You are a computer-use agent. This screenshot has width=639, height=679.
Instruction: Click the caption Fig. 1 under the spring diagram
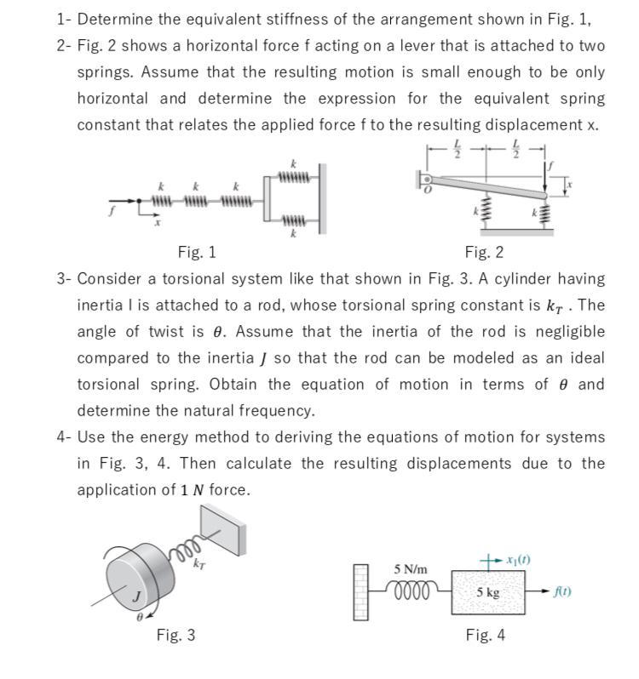(x=197, y=252)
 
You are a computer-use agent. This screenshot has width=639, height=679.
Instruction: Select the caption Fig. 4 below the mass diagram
(x=485, y=635)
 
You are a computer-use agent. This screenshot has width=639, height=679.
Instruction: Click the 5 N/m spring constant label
(x=411, y=568)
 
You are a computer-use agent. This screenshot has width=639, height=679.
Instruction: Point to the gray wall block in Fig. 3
(x=223, y=530)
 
